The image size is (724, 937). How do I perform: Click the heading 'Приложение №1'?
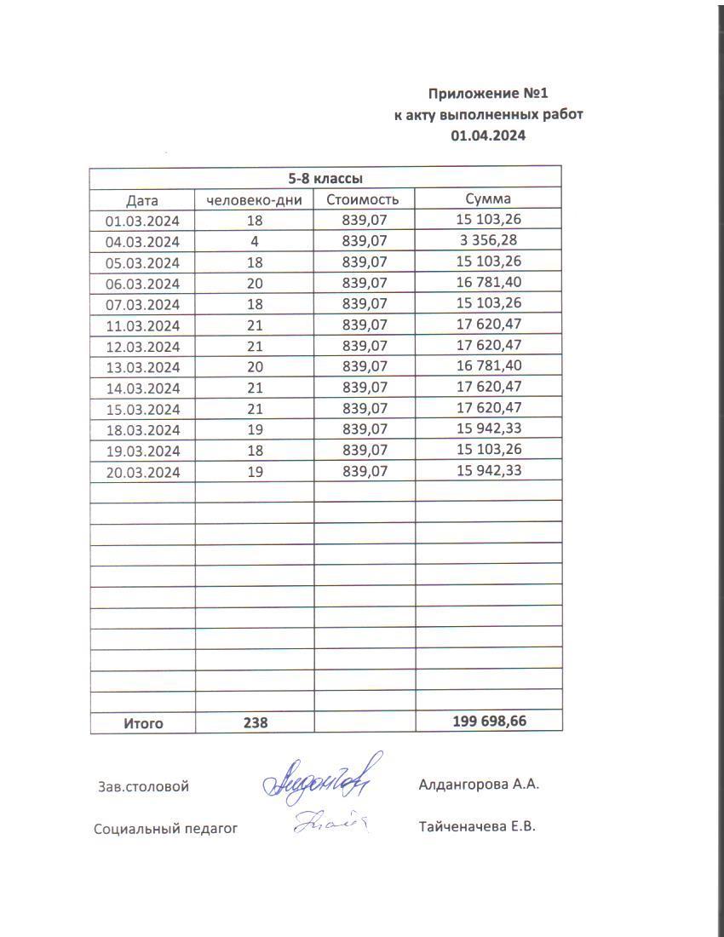[x=484, y=94]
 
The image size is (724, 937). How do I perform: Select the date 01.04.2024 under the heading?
[x=488, y=135]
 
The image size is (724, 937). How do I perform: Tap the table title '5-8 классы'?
[x=325, y=179]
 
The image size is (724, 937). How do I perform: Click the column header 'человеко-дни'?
[x=254, y=200]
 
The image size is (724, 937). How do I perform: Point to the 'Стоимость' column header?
[x=364, y=200]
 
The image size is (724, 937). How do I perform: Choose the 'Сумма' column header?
[x=488, y=199]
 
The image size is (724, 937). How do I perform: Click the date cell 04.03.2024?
[x=142, y=242]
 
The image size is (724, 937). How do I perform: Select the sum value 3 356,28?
[x=488, y=241]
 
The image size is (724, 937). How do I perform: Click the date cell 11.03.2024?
[x=142, y=325]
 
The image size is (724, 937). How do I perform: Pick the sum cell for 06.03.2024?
[x=488, y=283]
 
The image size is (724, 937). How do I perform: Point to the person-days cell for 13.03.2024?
[x=254, y=367]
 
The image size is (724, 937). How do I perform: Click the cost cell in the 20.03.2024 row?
[x=364, y=471]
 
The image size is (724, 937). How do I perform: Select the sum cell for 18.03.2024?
[x=488, y=429]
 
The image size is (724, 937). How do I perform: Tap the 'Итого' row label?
[x=143, y=723]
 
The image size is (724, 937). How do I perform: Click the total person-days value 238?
[x=255, y=723]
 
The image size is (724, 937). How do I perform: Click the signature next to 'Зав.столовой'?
[x=320, y=777]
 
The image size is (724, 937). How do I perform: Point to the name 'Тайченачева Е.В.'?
[x=477, y=826]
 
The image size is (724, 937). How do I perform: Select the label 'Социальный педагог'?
[x=165, y=828]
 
